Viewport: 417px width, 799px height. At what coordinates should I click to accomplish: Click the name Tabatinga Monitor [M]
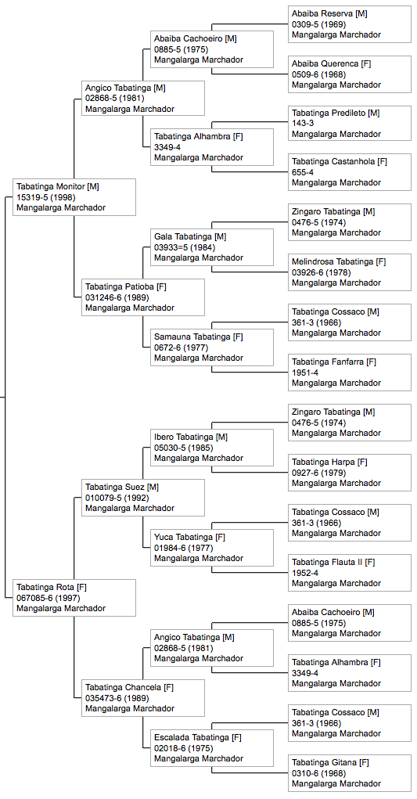click(58, 186)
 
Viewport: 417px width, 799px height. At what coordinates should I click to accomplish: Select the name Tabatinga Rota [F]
click(52, 587)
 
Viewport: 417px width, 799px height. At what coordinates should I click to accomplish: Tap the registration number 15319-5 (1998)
click(46, 197)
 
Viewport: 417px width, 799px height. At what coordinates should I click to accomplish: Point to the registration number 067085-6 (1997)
click(50, 598)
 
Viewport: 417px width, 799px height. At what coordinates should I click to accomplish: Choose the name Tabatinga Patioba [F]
click(125, 286)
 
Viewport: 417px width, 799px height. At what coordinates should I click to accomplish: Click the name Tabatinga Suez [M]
click(122, 487)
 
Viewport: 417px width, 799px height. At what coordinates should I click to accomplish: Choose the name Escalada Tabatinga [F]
click(198, 737)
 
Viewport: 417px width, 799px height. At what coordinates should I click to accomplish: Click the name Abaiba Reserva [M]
click(329, 13)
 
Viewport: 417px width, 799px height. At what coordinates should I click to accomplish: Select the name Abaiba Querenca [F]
click(332, 63)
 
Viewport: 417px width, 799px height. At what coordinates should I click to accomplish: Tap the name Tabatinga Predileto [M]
click(336, 113)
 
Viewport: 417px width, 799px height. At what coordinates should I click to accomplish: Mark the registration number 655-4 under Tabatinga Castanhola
click(303, 172)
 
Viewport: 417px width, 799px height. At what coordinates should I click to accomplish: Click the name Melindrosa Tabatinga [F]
click(339, 261)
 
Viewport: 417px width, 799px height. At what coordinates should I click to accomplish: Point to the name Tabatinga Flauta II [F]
click(333, 562)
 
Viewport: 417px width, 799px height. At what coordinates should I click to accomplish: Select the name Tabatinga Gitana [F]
click(330, 762)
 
